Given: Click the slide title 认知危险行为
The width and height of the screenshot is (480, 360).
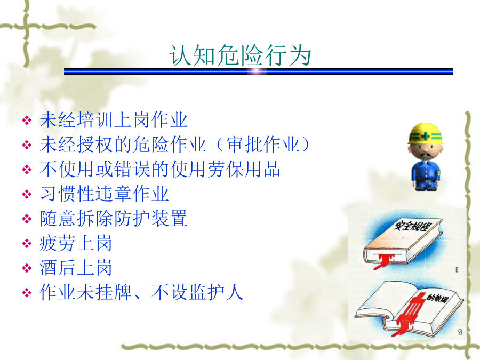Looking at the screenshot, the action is (x=240, y=55).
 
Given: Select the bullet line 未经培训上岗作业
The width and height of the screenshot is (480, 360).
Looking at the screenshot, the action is (x=114, y=119).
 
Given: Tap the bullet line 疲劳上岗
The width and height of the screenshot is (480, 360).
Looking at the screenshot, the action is (x=76, y=243).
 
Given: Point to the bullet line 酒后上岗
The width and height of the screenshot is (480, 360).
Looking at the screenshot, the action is (x=76, y=268).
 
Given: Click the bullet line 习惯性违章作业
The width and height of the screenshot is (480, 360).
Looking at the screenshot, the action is (x=105, y=194).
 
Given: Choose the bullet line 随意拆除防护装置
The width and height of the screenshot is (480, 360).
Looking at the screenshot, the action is (x=114, y=219).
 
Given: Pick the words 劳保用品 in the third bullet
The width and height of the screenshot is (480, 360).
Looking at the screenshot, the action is (x=244, y=169).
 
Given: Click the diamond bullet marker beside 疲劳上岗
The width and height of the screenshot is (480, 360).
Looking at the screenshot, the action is (x=27, y=244).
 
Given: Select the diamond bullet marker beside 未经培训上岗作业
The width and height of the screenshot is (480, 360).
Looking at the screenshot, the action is (x=27, y=121).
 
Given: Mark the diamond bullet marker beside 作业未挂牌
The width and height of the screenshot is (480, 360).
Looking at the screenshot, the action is (x=27, y=293).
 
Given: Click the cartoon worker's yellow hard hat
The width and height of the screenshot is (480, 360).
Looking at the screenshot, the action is (x=426, y=134).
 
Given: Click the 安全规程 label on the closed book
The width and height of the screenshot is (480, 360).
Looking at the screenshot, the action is (x=412, y=226).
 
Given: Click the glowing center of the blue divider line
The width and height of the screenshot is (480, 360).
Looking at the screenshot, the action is (x=257, y=71).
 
